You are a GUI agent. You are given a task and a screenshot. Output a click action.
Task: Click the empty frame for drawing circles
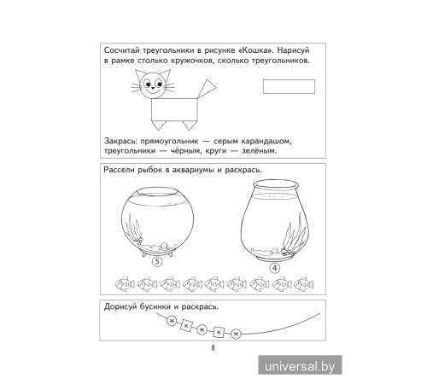point(290,85)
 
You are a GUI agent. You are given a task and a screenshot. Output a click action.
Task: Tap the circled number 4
point(275,267)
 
